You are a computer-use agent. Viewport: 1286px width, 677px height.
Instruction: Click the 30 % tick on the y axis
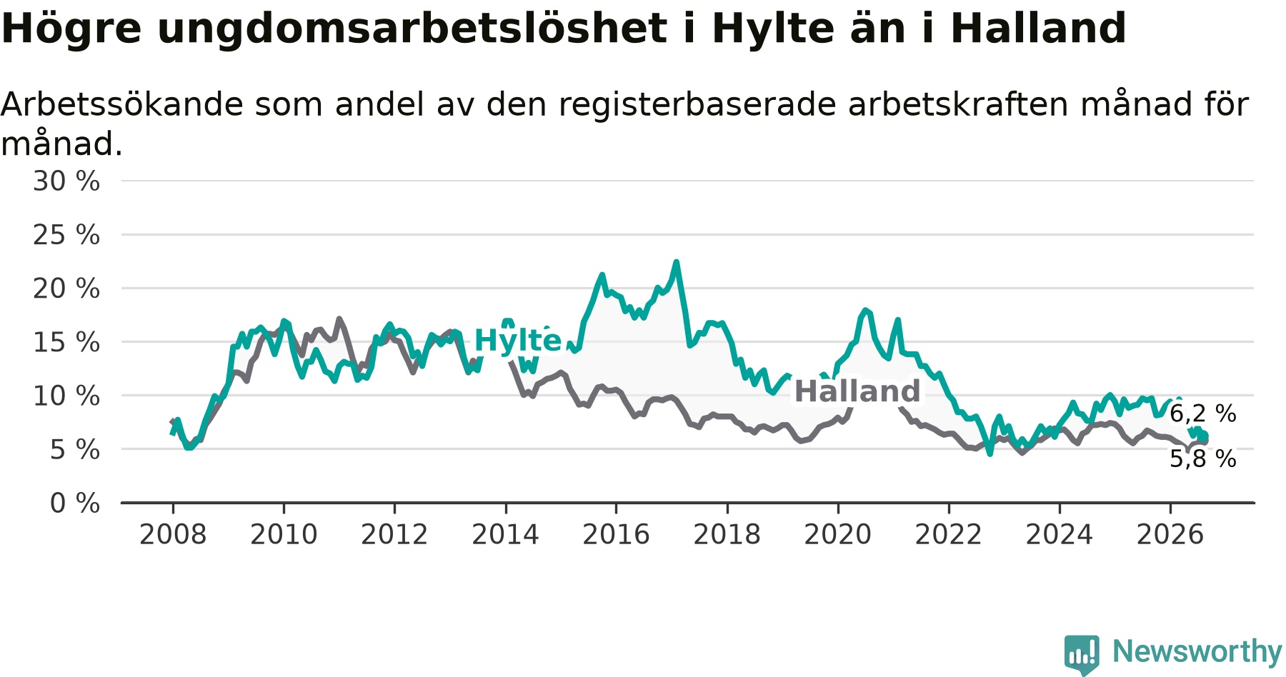click(66, 181)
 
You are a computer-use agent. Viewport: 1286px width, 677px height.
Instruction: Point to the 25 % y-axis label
click(66, 235)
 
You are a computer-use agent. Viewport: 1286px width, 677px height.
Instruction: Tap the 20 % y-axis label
click(66, 289)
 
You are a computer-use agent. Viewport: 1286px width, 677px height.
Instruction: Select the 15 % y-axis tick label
click(66, 342)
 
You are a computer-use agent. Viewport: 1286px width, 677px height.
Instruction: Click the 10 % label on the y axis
click(66, 396)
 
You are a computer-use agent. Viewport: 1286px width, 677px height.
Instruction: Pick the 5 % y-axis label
click(75, 449)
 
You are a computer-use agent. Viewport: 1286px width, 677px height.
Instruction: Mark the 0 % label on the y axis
click(75, 503)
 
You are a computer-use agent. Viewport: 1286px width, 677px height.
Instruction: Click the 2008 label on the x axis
click(173, 534)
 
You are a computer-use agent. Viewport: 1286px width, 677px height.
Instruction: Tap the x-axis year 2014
click(505, 534)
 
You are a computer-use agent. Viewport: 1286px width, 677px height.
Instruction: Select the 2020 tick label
click(838, 534)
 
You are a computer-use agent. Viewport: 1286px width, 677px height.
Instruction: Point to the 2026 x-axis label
click(1170, 534)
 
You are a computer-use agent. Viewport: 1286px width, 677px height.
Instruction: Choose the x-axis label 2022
click(949, 534)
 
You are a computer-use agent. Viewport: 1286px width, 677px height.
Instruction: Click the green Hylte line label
click(518, 341)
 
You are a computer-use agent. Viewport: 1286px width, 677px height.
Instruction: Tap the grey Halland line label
click(857, 391)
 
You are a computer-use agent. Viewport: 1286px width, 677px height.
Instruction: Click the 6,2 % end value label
click(1203, 413)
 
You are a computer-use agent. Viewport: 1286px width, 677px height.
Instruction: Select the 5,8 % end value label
click(1203, 458)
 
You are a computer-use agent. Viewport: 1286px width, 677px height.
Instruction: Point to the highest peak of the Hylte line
click(676, 262)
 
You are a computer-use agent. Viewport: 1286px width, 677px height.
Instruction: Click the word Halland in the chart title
click(1039, 29)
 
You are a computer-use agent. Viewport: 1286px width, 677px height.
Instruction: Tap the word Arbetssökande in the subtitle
click(122, 105)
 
